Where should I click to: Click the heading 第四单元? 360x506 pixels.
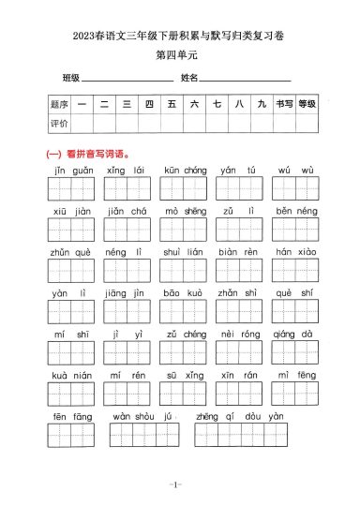coord(179,55)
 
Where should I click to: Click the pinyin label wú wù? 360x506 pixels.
coord(296,171)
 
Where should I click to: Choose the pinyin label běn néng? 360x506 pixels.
coord(297,212)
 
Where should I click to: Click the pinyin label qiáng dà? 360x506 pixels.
coord(297,335)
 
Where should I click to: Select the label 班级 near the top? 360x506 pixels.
coord(71,77)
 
